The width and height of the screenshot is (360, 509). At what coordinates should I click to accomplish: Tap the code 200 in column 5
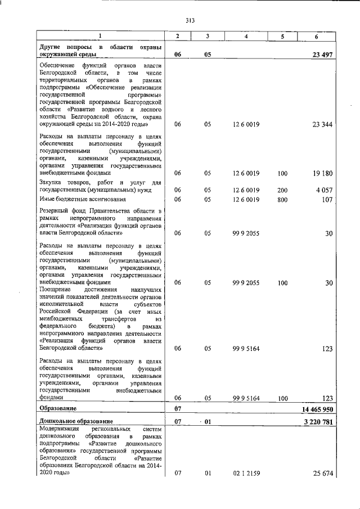pyautogui.click(x=282, y=190)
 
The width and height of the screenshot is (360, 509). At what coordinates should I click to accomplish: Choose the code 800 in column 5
pyautogui.click(x=282, y=199)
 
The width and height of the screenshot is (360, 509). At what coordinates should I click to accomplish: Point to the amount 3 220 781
pyautogui.click(x=317, y=421)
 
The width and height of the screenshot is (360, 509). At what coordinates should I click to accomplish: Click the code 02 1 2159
pyautogui.click(x=246, y=474)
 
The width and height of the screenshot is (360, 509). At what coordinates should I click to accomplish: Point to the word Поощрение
pyautogui.click(x=56, y=289)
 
